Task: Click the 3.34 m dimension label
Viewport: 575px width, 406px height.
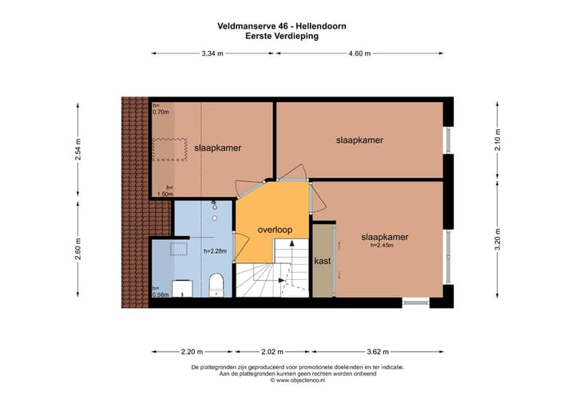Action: [212, 53]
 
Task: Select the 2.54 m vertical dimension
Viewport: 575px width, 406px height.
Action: [78, 151]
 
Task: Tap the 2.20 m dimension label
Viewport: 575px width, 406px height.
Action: [191, 351]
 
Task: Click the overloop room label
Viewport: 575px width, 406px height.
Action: [275, 230]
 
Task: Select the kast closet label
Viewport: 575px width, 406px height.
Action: [323, 261]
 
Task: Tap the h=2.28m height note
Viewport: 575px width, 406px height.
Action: [216, 251]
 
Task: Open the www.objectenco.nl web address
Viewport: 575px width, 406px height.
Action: [296, 380]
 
